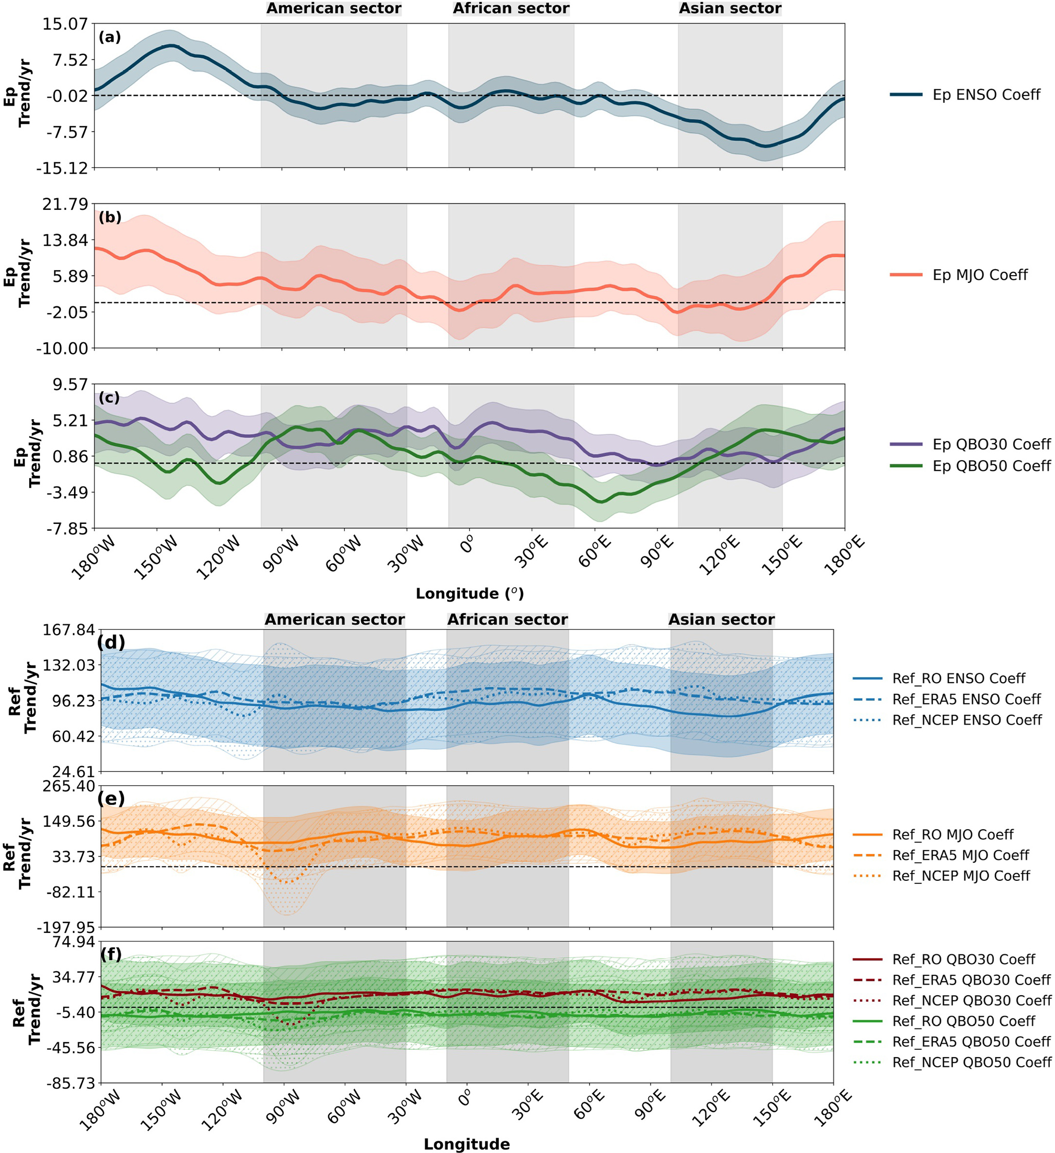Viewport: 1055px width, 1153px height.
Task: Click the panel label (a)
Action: [110, 37]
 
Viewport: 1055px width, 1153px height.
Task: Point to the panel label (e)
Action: [111, 799]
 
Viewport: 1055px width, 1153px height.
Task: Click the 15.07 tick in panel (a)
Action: [65, 24]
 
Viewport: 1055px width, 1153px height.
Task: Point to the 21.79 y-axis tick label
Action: [65, 204]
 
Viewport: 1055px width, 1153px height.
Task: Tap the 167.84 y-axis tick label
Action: [68, 630]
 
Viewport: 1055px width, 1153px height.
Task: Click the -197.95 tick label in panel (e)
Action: [66, 927]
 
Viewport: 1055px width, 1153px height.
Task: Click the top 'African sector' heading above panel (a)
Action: [510, 9]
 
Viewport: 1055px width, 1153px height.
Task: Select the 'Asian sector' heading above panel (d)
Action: [721, 620]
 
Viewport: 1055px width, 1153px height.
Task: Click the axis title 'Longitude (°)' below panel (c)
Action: [470, 594]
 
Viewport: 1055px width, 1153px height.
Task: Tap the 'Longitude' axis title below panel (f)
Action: [467, 1144]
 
